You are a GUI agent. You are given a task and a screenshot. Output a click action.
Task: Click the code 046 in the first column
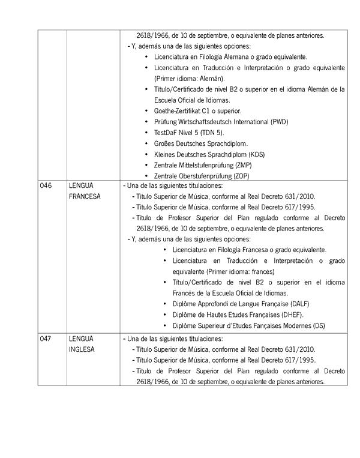(46, 186)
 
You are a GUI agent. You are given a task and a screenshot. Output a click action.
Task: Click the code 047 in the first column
(46, 339)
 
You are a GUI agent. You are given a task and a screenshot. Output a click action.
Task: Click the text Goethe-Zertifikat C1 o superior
(197, 111)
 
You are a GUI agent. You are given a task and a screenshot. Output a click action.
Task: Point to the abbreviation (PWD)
(279, 122)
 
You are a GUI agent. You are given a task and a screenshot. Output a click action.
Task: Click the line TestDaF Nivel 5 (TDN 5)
(188, 133)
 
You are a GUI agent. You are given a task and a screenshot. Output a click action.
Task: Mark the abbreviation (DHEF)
(291, 315)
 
